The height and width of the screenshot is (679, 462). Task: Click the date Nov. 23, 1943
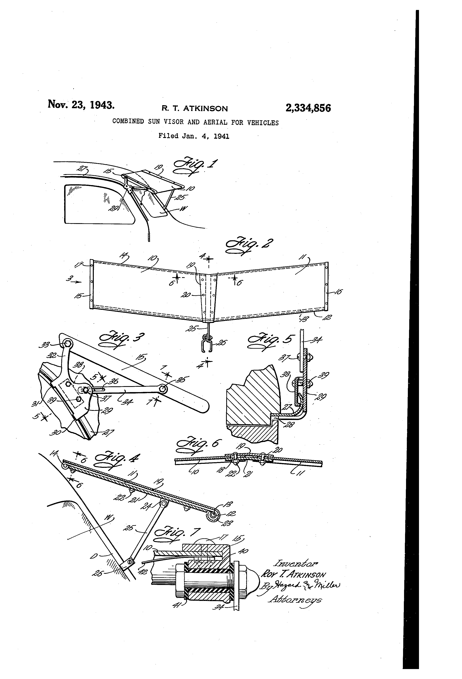(x=81, y=105)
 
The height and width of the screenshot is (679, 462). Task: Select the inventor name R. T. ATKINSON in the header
(x=195, y=109)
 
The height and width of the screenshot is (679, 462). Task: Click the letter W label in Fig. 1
(x=184, y=208)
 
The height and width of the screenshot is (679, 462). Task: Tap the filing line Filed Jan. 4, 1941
(x=194, y=136)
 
